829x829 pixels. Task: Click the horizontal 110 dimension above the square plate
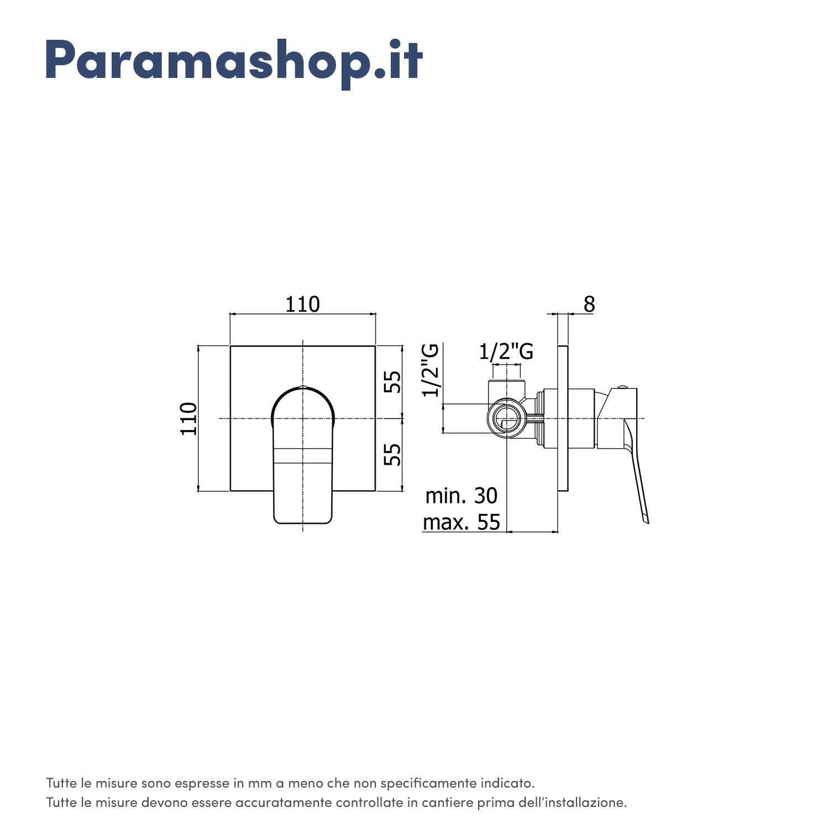pos(302,305)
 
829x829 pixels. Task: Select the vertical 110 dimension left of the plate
pos(189,418)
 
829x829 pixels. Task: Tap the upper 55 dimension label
pos(392,381)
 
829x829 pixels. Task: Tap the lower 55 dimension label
pos(392,454)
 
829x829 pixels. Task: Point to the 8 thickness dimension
pos(589,304)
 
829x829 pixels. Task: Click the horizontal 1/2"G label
pos(506,351)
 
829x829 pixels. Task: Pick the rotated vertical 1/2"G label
pos(431,370)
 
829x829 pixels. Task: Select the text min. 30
pos(461,496)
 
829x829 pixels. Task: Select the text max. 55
pos(461,522)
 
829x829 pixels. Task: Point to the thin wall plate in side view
pos(563,418)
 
